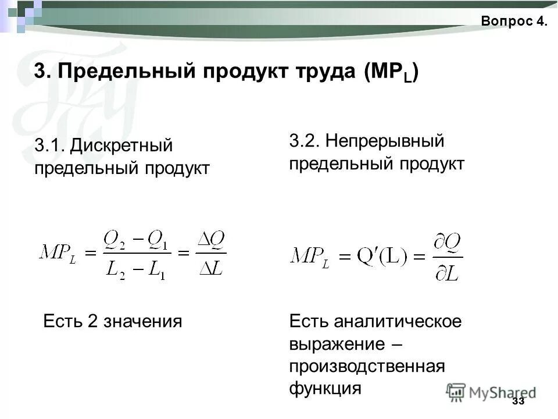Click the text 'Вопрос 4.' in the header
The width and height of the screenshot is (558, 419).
514,22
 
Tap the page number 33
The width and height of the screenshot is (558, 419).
518,402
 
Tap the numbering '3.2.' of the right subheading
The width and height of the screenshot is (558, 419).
305,141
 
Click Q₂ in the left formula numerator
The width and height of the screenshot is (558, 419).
114,240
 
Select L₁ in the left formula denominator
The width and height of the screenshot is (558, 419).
155,270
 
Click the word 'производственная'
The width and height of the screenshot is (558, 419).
367,366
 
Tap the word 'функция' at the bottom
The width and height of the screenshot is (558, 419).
325,388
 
